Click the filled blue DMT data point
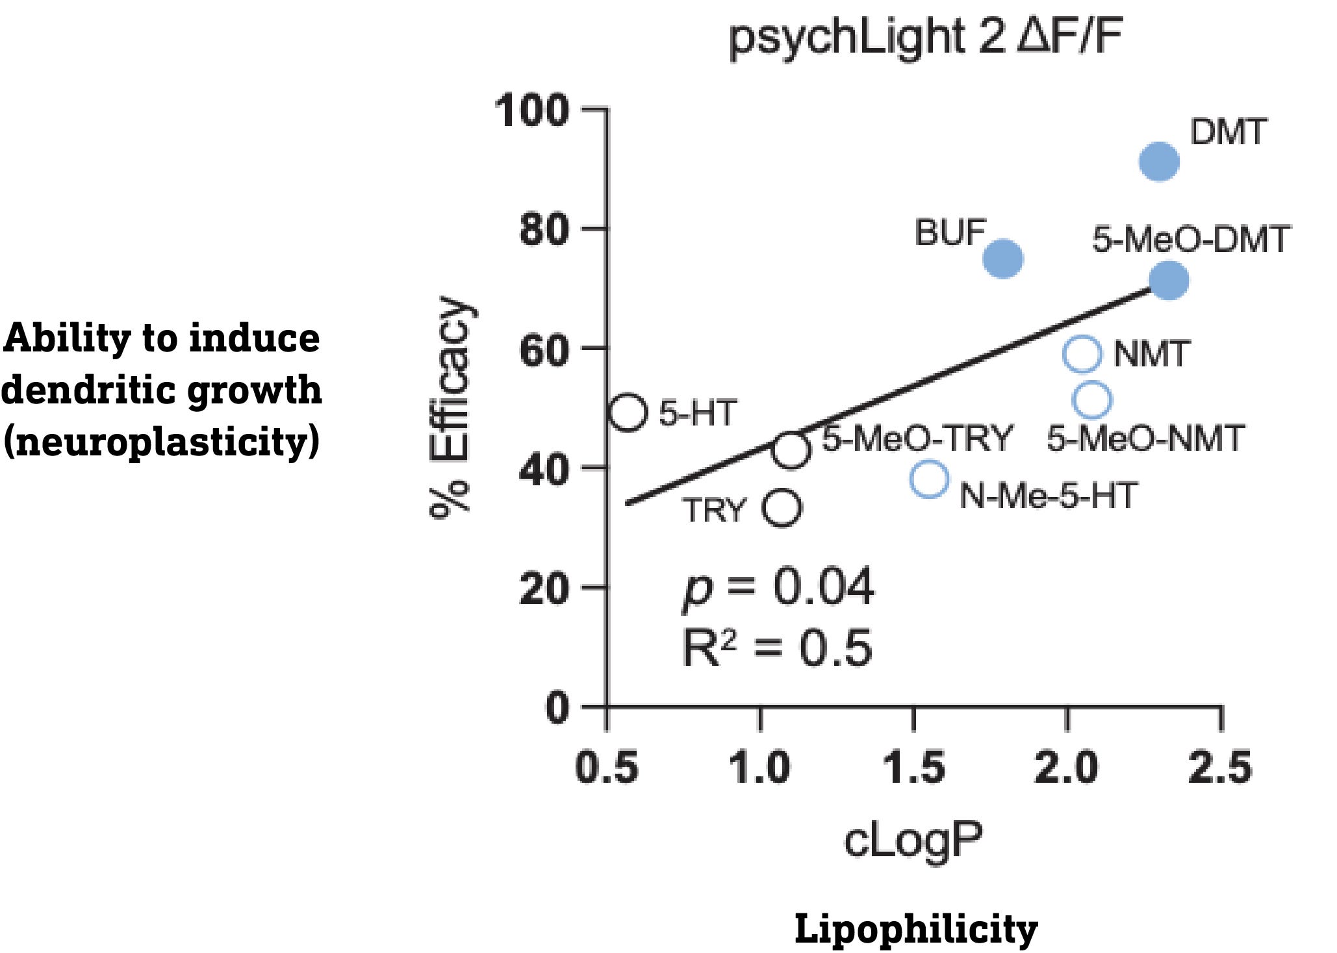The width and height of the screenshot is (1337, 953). tap(1159, 161)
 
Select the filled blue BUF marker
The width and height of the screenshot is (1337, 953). tap(1003, 259)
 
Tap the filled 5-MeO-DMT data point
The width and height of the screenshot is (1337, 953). tap(1169, 281)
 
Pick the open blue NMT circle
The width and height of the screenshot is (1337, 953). tap(1082, 354)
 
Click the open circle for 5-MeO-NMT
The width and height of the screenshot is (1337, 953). tap(1092, 400)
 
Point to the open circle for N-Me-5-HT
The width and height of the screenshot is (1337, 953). tap(929, 479)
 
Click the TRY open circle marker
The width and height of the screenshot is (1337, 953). tap(782, 507)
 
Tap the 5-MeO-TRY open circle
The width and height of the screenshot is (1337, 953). tap(791, 450)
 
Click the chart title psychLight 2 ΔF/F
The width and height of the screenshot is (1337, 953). tap(925, 38)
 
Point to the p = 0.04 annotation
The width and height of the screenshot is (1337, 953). tap(778, 587)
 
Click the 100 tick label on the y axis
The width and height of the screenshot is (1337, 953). tap(531, 110)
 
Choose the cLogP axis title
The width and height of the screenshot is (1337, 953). tap(913, 840)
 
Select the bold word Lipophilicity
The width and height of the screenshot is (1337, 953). tap(915, 928)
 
